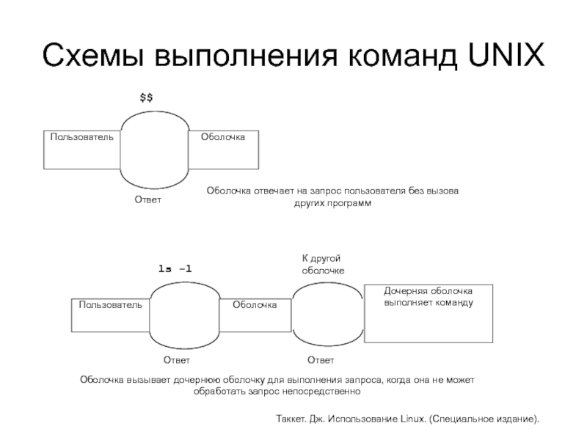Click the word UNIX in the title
coord(506,56)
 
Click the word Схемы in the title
coord(93,56)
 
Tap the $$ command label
coord(146,98)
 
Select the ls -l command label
coord(175,268)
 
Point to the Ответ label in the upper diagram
coord(148,199)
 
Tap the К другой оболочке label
coord(323,264)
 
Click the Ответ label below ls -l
coord(176,360)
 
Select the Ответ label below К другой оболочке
coord(321,360)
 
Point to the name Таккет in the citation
coord(291,419)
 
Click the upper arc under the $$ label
coord(155,111)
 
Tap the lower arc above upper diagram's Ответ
coord(154,188)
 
